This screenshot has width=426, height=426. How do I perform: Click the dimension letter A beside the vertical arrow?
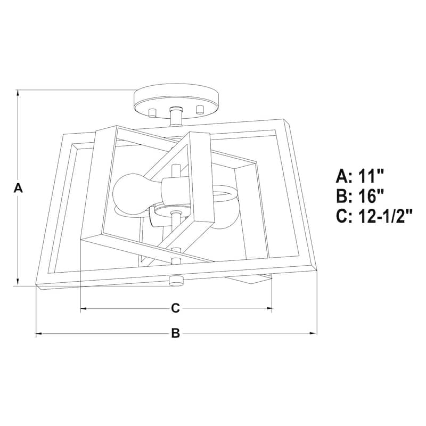[x=19, y=188]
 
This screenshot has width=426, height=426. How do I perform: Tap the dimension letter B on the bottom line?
[x=176, y=334]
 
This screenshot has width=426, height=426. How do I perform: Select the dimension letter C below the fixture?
[x=175, y=308]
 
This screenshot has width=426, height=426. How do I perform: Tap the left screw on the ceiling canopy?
[x=152, y=112]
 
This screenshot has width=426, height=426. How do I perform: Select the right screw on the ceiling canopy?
[x=200, y=109]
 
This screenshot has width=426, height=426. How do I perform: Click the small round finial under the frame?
[x=174, y=281]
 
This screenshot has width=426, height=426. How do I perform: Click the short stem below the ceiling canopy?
[x=175, y=116]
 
